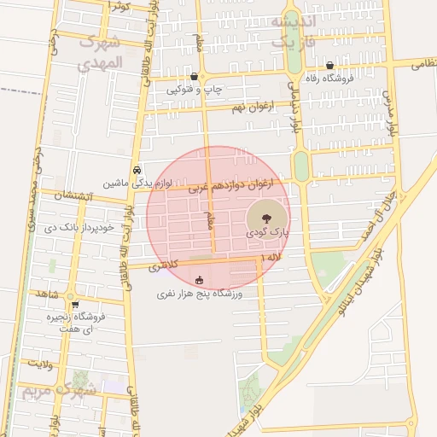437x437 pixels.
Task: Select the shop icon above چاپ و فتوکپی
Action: [x=195, y=76]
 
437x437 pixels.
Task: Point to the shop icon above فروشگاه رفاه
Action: [x=329, y=65]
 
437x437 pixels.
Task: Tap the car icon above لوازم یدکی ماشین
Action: [x=138, y=169]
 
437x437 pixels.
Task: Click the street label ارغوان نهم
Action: [x=233, y=107]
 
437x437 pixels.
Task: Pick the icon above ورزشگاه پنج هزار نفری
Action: [x=200, y=279]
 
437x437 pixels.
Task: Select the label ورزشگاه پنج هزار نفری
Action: [x=200, y=294]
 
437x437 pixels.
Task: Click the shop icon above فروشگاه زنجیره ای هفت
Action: [x=75, y=304]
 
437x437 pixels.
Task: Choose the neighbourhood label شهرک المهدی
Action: [x=99, y=52]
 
